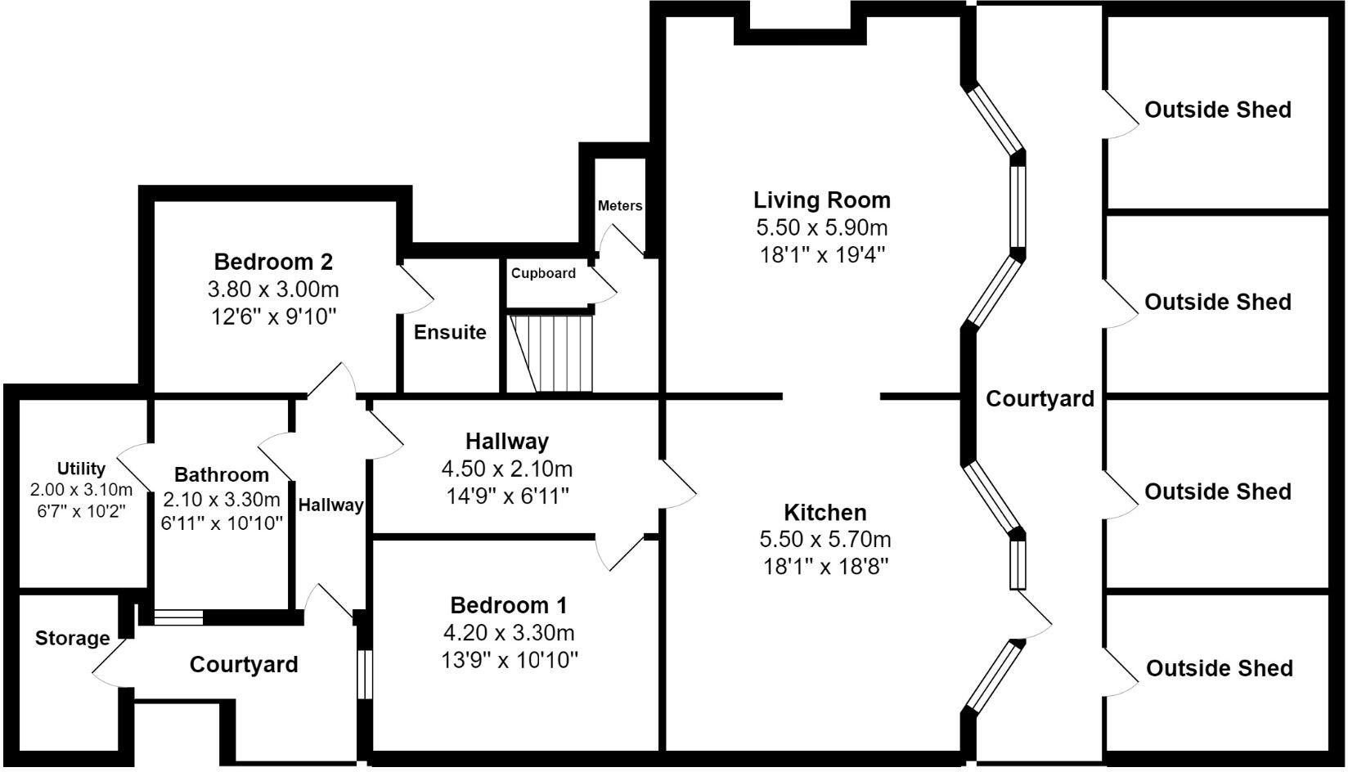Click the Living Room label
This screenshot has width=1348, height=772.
pyautogui.click(x=822, y=200)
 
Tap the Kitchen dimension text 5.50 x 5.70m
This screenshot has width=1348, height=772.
pyautogui.click(x=825, y=540)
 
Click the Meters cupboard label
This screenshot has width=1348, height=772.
pyautogui.click(x=620, y=206)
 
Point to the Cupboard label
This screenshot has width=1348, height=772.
pyautogui.click(x=543, y=273)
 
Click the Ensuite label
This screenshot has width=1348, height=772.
pyautogui.click(x=450, y=333)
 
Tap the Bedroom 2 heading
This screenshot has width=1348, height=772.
pyautogui.click(x=273, y=263)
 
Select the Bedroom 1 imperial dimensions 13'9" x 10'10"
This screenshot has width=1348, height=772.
pyautogui.click(x=510, y=659)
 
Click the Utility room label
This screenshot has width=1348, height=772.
pyautogui.click(x=81, y=469)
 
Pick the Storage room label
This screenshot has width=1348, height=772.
pyautogui.click(x=72, y=639)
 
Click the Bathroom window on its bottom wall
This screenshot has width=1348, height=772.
pyautogui.click(x=178, y=617)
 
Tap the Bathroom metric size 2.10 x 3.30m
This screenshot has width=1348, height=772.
pyautogui.click(x=222, y=500)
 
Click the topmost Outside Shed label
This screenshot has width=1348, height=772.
pyautogui.click(x=1217, y=110)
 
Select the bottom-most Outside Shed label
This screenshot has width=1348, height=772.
pyautogui.click(x=1219, y=669)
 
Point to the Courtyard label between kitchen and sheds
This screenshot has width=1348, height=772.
pyautogui.click(x=1040, y=399)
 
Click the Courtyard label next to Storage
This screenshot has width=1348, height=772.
pyautogui.click(x=244, y=665)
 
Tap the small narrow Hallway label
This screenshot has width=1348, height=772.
pyautogui.click(x=330, y=505)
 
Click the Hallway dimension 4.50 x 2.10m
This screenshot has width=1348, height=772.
pyautogui.click(x=507, y=469)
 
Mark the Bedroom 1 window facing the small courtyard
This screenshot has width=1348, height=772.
pyautogui.click(x=365, y=675)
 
